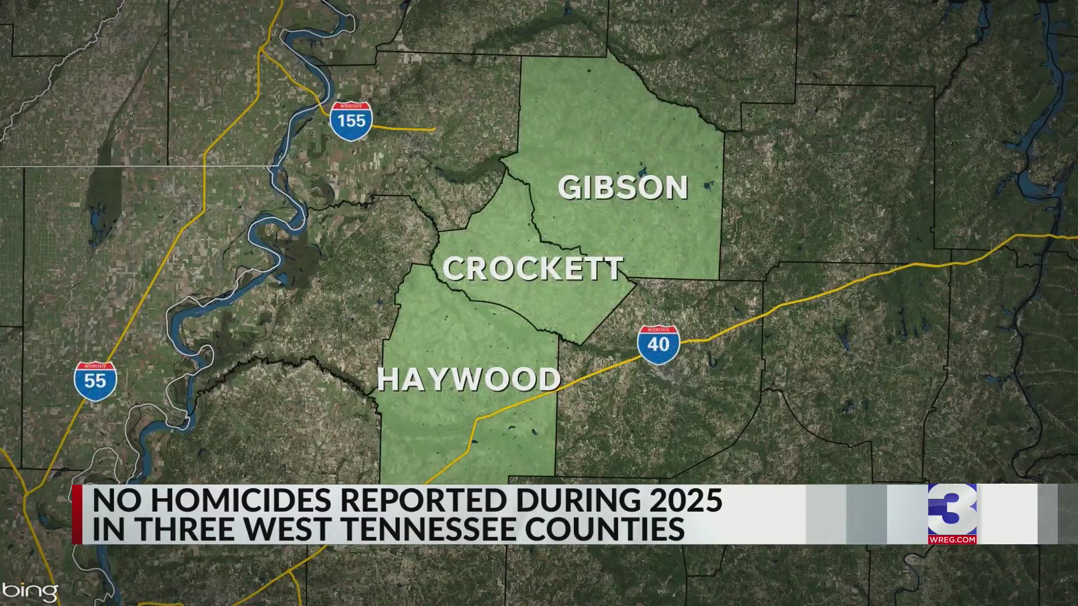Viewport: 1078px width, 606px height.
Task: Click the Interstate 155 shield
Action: click(x=351, y=121)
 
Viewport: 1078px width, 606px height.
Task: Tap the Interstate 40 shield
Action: click(x=658, y=344)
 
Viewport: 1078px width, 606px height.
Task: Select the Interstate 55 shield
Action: click(x=95, y=380)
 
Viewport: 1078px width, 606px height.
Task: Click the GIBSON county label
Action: click(x=623, y=188)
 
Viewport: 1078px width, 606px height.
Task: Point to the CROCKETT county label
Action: click(x=533, y=269)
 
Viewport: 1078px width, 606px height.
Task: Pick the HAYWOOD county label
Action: click(x=469, y=380)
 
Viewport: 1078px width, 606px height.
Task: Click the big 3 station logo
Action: click(x=952, y=509)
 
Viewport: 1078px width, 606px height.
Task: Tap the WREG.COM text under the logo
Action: click(x=952, y=539)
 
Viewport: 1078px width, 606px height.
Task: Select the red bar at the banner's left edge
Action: click(x=77, y=514)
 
